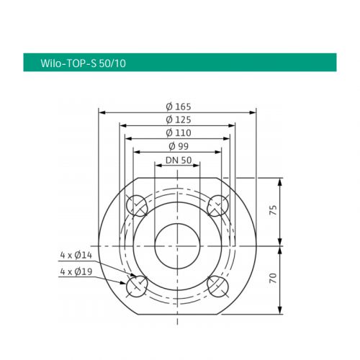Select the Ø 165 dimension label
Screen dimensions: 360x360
[x=178, y=106]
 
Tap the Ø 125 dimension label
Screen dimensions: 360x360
[x=178, y=119]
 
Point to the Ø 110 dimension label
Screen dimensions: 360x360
[x=178, y=132]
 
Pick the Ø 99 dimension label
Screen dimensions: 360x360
[x=178, y=146]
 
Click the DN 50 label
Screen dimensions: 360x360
[x=178, y=160]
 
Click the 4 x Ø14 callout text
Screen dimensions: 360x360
[x=76, y=255]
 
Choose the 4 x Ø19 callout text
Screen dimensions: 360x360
[x=76, y=271]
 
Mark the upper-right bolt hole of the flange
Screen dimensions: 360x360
[x=217, y=207]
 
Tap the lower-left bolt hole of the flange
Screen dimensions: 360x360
[x=138, y=286]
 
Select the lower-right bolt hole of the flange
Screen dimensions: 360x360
[x=217, y=286]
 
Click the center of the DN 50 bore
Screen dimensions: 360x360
[x=177, y=246]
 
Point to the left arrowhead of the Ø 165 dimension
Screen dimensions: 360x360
[x=102, y=112]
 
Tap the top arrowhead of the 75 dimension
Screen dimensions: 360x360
[x=279, y=180]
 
